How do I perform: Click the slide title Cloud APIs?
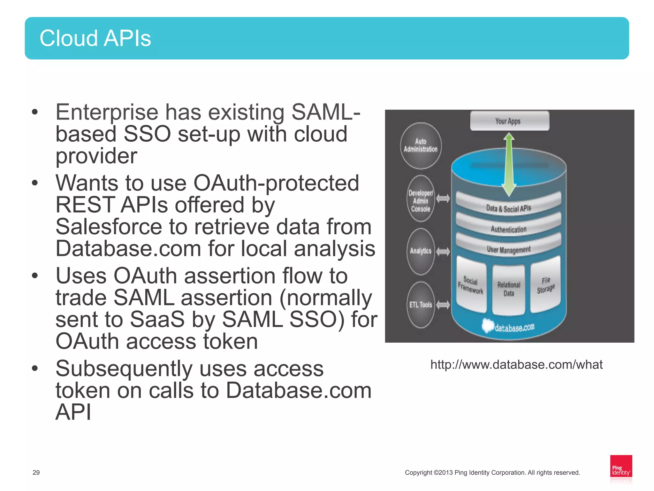click(95, 38)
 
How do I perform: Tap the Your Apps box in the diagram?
click(509, 121)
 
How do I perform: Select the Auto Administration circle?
click(421, 146)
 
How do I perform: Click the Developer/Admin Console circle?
click(421, 200)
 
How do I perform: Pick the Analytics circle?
click(421, 251)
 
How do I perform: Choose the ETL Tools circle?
click(421, 305)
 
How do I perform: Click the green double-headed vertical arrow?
click(509, 165)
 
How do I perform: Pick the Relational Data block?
click(509, 289)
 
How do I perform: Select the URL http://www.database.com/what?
click(516, 365)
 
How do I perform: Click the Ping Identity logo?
click(621, 469)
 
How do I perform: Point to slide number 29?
click(36, 472)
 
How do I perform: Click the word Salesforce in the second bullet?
click(109, 227)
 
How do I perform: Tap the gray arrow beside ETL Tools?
click(443, 305)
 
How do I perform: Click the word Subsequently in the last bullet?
click(124, 369)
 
